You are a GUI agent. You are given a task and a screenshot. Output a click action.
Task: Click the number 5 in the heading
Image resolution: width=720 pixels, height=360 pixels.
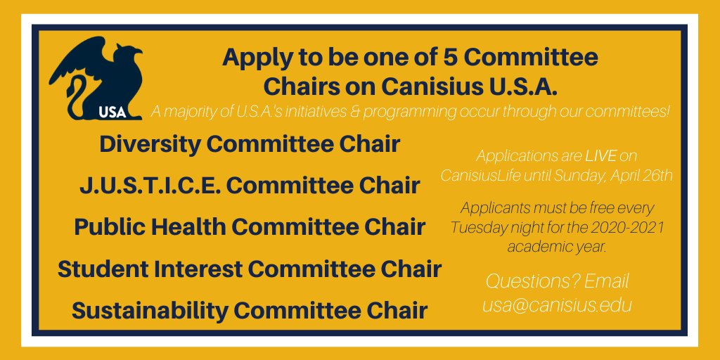[x=425, y=57]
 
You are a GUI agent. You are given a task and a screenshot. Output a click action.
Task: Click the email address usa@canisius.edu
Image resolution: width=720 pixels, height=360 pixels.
[x=557, y=305]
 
